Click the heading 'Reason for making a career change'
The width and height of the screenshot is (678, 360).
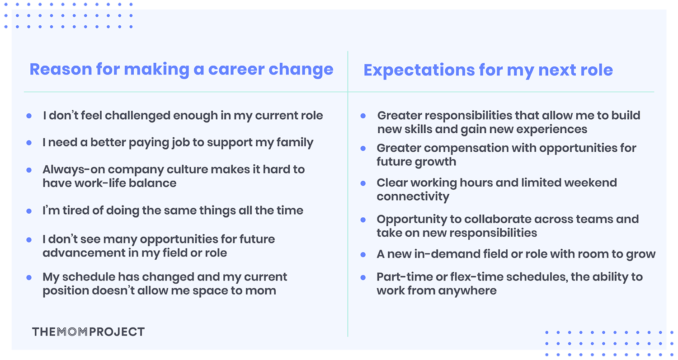[181, 70]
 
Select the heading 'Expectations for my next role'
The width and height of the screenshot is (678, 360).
[488, 70]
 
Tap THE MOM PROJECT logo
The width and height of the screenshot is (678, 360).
[88, 332]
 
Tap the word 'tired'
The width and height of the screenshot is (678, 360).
[70, 210]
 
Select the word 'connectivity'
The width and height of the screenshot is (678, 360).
[413, 197]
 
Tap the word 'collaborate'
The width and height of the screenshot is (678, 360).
[486, 219]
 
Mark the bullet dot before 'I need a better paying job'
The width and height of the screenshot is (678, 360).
[29, 143]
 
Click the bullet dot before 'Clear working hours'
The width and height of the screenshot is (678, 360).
[363, 183]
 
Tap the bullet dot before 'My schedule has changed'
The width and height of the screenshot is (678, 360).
[29, 277]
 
